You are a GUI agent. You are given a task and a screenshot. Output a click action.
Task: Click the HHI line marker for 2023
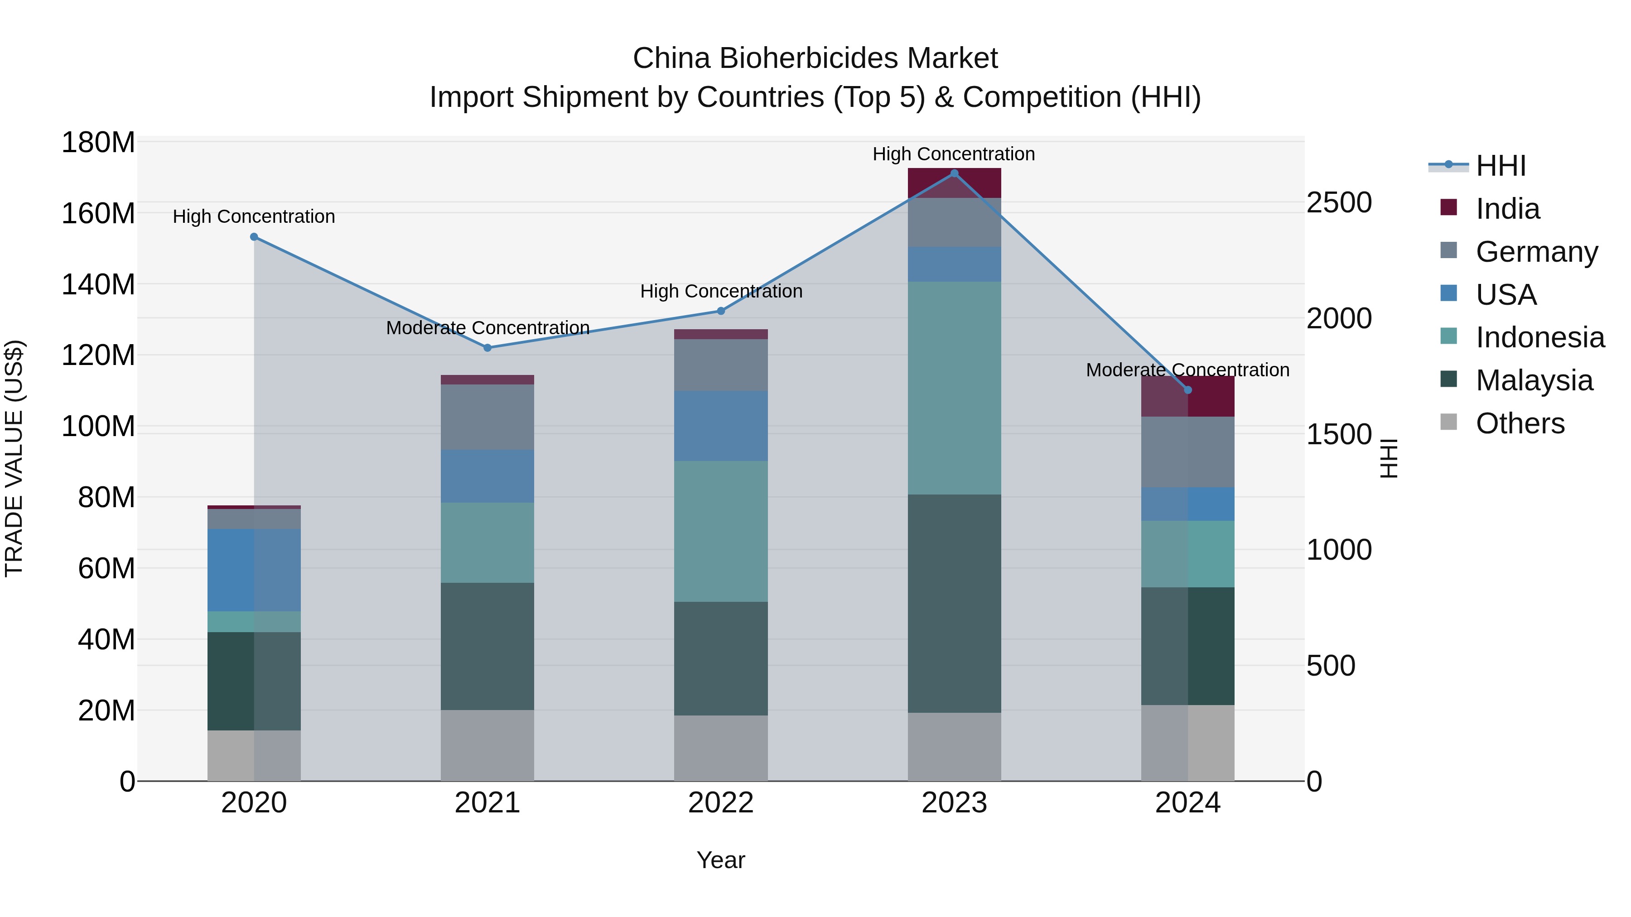pos(954,173)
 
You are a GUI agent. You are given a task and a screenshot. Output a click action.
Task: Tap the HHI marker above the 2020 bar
pos(254,237)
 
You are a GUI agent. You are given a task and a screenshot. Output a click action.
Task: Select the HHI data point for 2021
pos(487,348)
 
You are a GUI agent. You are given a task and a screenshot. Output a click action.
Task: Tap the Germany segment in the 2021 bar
pos(487,417)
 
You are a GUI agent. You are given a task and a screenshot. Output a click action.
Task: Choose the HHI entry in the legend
pos(1501,166)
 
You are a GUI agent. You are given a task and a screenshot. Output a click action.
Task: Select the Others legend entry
pos(1520,423)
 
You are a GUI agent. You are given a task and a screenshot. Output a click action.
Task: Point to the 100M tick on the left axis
pos(98,427)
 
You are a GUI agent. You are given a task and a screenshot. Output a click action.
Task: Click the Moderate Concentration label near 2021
pos(487,328)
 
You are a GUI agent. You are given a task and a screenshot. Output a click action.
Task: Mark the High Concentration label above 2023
pos(954,154)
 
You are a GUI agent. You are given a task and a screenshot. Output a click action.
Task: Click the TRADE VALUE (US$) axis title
pos(14,458)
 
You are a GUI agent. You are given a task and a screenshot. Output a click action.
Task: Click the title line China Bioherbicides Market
pos(815,58)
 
